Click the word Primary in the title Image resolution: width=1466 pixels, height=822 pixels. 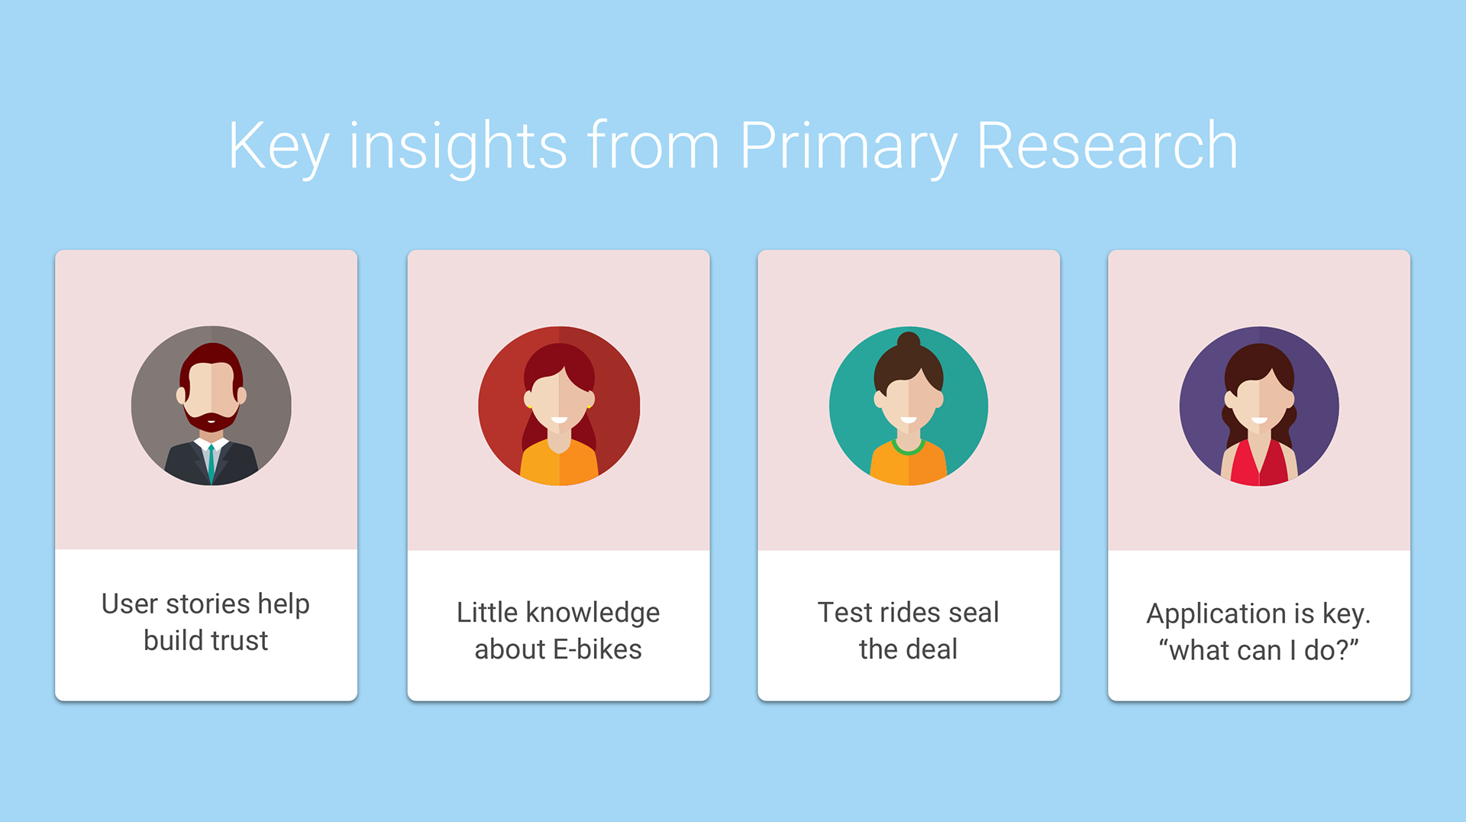848,147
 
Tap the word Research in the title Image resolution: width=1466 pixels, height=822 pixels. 1106,145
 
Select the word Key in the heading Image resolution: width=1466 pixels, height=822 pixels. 279,147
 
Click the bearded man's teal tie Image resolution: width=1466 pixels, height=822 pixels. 212,463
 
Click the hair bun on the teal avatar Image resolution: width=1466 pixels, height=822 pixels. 909,341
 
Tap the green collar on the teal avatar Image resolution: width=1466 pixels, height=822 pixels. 909,447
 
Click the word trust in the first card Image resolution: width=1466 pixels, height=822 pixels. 237,640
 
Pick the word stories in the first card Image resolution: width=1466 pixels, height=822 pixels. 208,604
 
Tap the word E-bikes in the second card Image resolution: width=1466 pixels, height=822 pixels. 597,649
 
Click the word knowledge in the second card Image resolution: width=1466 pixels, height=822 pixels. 593,613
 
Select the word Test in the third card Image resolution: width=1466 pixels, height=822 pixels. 845,613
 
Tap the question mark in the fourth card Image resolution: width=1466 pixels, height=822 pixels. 1344,649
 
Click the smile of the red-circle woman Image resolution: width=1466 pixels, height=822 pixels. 559,420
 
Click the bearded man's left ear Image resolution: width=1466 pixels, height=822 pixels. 181,395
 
